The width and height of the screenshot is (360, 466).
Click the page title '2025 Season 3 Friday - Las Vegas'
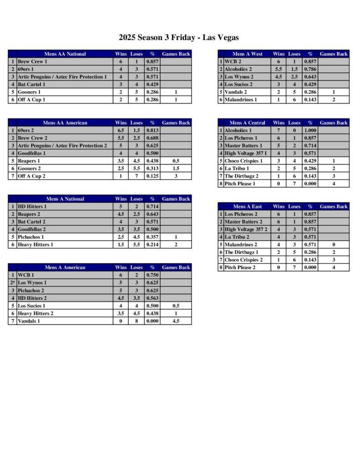179,37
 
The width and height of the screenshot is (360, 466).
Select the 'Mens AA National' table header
65,54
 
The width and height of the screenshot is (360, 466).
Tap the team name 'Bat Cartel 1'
31,84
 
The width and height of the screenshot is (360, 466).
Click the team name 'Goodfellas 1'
32,153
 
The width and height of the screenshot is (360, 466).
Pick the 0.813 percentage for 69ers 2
152,130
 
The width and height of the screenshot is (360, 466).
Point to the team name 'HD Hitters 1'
32,207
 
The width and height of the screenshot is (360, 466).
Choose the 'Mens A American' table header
65,268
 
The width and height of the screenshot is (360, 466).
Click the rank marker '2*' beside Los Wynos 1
13,283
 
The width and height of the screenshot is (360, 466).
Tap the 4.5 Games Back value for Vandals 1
176,321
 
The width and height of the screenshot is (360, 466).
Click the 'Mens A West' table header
247,54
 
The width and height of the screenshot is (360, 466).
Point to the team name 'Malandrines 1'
241,100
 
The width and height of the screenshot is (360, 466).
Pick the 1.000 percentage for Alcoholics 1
310,130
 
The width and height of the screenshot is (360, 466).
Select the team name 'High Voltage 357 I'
246,153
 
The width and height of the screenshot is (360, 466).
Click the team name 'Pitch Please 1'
240,184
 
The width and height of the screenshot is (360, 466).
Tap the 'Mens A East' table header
247,207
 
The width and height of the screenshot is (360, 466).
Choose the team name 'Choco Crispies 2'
243,260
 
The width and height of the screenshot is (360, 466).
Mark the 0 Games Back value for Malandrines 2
334,245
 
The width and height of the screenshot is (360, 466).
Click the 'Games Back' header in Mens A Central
334,123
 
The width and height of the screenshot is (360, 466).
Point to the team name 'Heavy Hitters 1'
35,245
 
